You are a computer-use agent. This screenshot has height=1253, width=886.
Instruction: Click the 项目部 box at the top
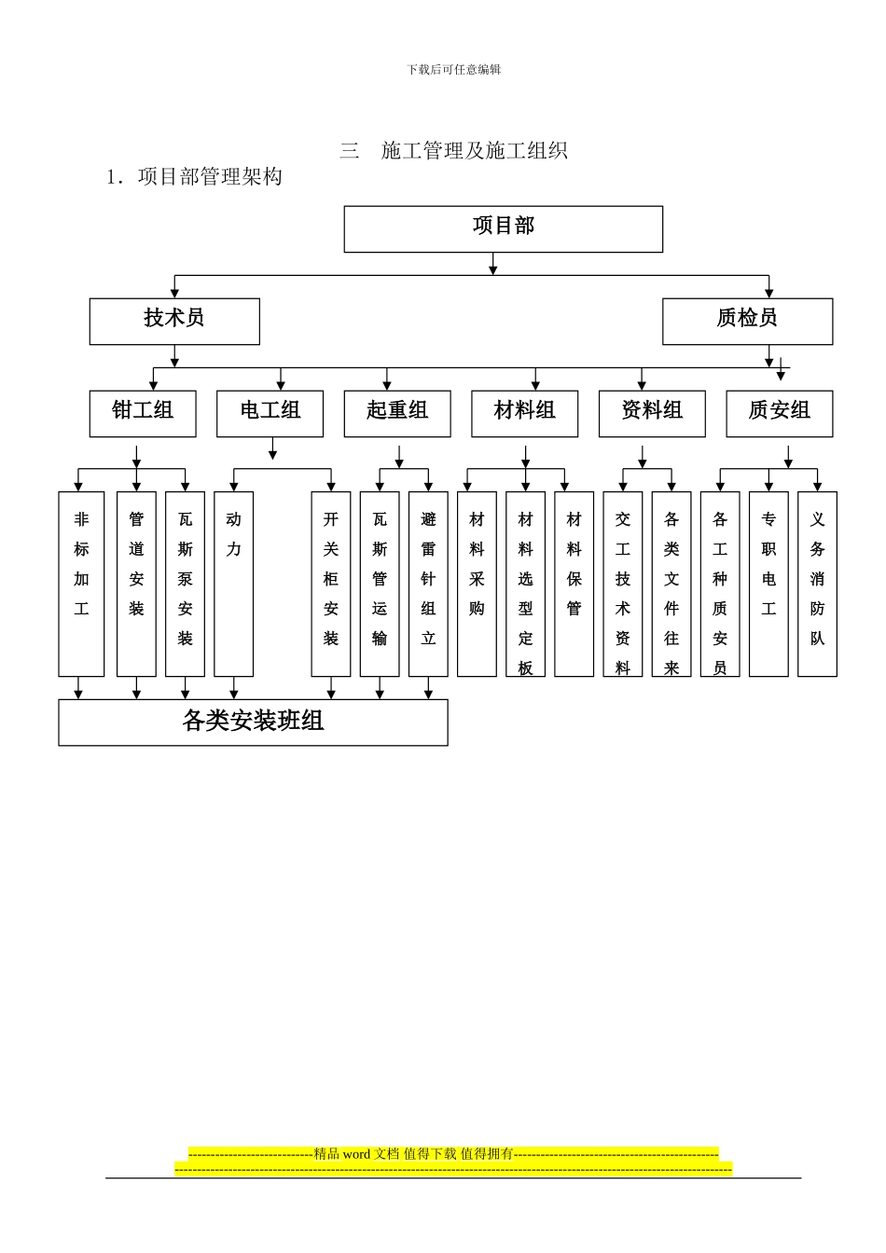click(x=503, y=228)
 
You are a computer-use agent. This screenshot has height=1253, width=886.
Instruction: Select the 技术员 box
click(x=174, y=321)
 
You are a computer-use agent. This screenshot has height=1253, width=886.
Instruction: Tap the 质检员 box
click(x=747, y=321)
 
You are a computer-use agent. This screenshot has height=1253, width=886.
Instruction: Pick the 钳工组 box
click(x=143, y=413)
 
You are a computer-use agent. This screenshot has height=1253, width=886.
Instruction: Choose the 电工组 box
click(x=270, y=413)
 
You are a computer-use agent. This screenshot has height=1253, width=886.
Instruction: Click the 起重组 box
click(x=397, y=413)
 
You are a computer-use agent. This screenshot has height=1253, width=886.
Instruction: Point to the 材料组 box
click(x=524, y=413)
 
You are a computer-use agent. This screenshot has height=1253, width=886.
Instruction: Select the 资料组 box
click(x=652, y=413)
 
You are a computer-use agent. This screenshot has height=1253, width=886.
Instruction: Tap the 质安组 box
click(x=779, y=413)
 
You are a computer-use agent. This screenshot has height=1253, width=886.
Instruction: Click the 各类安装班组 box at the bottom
click(x=253, y=722)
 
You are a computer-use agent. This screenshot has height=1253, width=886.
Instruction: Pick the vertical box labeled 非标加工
click(x=81, y=584)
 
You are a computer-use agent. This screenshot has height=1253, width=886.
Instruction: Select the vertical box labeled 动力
click(x=233, y=584)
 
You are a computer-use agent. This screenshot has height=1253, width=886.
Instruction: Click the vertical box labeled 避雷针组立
click(x=428, y=584)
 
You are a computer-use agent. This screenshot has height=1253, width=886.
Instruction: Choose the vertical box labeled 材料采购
click(x=477, y=584)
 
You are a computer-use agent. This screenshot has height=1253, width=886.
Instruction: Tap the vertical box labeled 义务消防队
click(x=817, y=584)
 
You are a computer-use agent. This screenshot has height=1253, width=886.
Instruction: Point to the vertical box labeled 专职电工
click(x=768, y=584)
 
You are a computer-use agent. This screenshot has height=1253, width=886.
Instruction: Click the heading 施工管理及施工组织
click(x=474, y=150)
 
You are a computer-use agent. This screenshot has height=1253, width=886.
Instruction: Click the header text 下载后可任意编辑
click(x=453, y=70)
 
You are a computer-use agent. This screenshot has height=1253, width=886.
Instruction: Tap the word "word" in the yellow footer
click(x=356, y=1154)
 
